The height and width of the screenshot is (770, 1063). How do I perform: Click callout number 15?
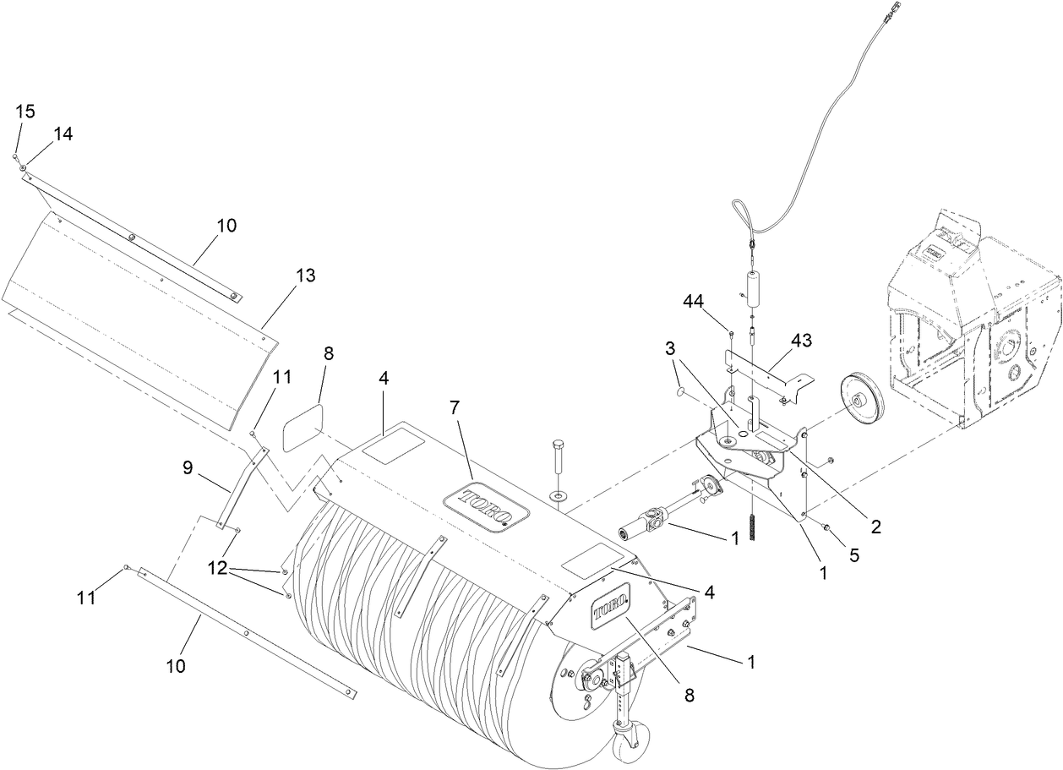pos(25,112)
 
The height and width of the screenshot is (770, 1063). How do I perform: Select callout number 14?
pos(63,134)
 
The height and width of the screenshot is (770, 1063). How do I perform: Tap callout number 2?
pos(875,527)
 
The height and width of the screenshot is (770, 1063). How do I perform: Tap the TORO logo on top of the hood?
pos(485,508)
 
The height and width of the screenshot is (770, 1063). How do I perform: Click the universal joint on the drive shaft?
pos(655,516)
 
